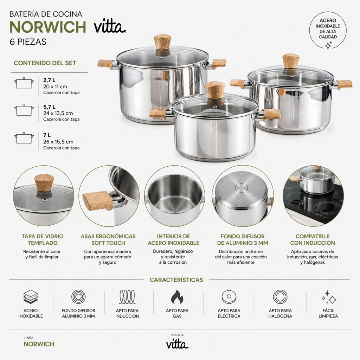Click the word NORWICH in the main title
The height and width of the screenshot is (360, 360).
click(48, 27)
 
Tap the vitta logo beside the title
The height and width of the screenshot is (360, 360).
click(110, 27)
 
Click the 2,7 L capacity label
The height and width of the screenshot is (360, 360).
click(49, 80)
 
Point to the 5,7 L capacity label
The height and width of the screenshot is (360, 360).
click(49, 107)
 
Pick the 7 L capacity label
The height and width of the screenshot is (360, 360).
click(47, 135)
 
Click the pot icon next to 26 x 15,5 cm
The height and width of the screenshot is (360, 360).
click(24, 138)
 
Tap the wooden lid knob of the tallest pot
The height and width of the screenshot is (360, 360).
click(162, 42)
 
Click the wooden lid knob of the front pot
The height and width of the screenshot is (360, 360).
click(215, 90)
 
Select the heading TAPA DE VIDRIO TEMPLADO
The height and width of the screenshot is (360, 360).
click(43, 239)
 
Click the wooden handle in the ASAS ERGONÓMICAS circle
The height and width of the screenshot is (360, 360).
click(98, 200)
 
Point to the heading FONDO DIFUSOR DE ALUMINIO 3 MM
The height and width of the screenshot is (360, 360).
click(243, 239)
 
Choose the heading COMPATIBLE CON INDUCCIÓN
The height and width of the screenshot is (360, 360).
click(313, 239)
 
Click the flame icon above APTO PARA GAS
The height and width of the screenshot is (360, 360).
click(177, 297)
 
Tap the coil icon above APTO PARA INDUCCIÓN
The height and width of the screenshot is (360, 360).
click(127, 297)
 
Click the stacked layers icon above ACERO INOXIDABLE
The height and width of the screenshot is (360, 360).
click(31, 297)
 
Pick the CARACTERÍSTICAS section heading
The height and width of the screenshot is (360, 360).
click(176, 280)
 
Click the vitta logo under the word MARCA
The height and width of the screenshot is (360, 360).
click(177, 345)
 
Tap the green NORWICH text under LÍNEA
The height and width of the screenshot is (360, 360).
click(39, 344)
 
